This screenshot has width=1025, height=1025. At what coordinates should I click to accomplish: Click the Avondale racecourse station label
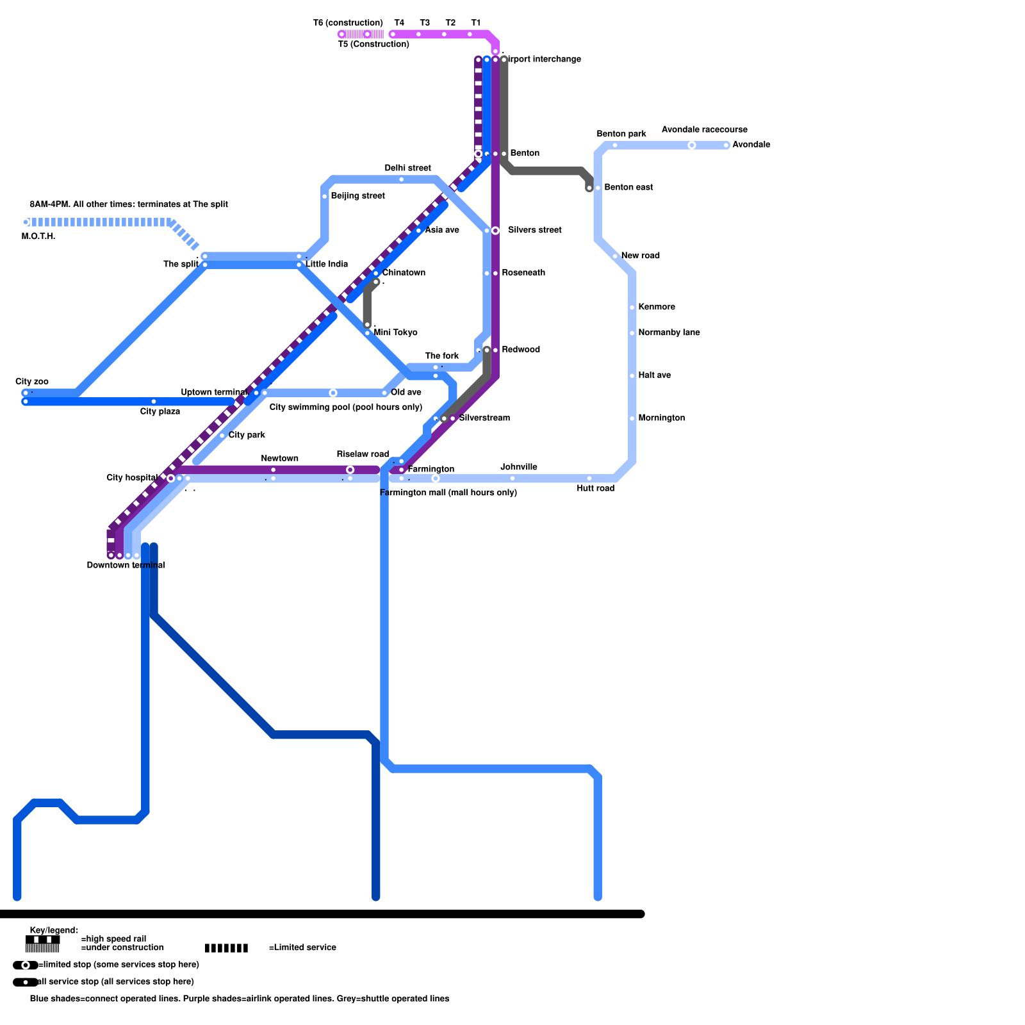(704, 129)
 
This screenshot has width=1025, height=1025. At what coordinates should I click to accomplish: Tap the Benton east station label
(628, 187)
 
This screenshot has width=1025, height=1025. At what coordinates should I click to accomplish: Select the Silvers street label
(534, 230)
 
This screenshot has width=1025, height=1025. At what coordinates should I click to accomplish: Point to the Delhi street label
(407, 168)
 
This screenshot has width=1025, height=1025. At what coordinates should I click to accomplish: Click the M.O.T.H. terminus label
(38, 236)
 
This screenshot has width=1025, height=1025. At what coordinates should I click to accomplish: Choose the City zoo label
(32, 381)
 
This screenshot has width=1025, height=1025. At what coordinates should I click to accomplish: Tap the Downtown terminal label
(126, 565)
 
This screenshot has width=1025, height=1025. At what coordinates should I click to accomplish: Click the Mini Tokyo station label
(395, 332)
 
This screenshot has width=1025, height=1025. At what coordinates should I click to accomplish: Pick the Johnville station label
(519, 467)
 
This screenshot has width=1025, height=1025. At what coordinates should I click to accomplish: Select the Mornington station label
(661, 418)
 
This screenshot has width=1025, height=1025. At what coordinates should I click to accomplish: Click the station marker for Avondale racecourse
(692, 145)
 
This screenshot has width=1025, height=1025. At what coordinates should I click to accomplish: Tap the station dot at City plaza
(154, 402)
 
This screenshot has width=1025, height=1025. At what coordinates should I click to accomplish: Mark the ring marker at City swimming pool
(333, 393)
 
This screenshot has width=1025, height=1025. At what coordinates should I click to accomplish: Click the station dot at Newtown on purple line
(274, 470)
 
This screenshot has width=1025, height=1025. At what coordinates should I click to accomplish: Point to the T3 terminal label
(425, 22)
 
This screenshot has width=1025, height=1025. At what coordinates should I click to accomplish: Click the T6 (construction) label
(348, 22)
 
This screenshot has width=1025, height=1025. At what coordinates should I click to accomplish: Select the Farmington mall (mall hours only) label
(448, 493)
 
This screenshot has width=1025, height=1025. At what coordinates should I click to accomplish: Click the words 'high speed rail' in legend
(114, 939)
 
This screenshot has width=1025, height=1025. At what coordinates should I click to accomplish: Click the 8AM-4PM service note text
(129, 204)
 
